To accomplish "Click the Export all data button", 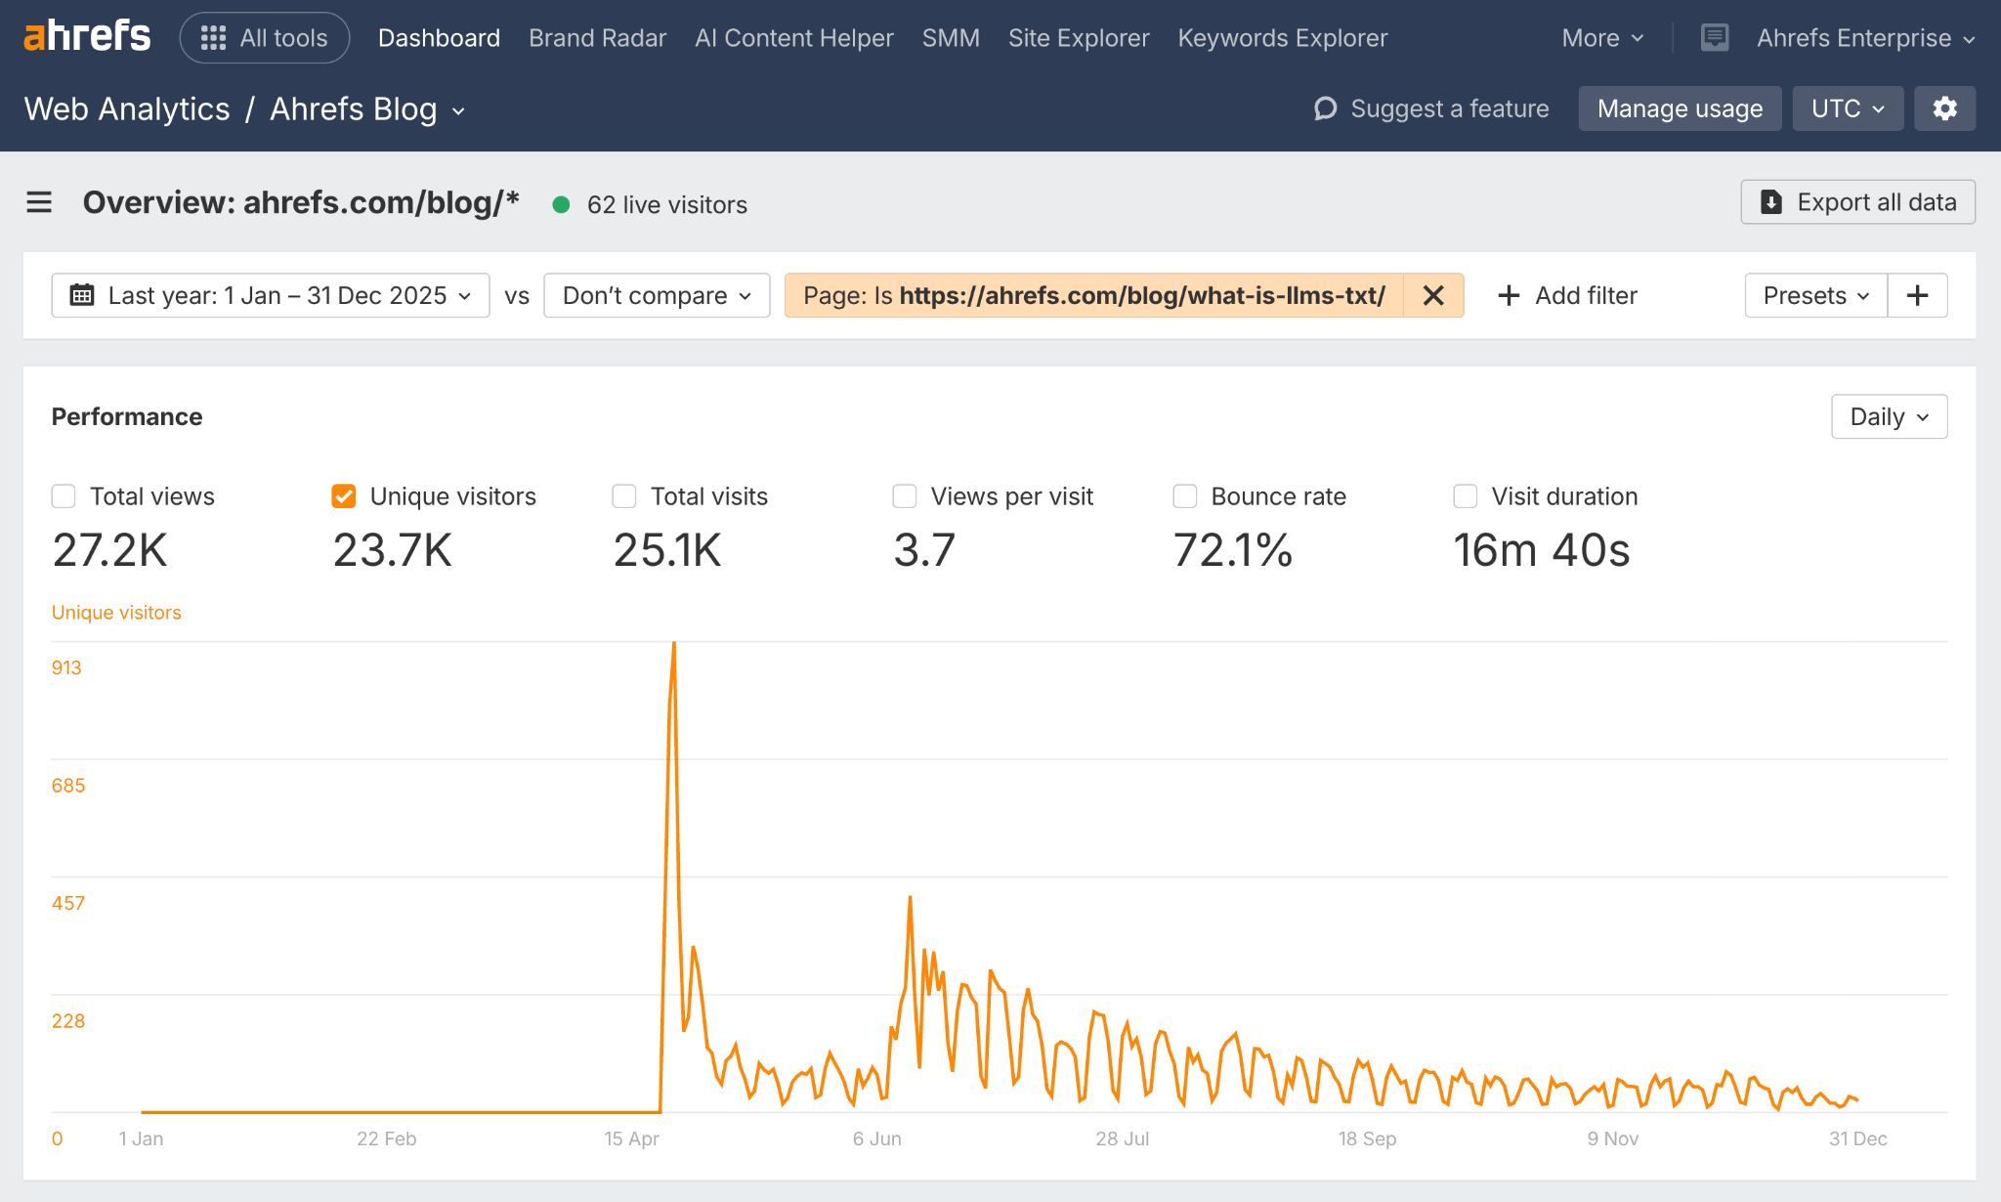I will tap(1857, 202).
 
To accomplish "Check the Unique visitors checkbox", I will tap(344, 496).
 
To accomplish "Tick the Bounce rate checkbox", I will tap(1185, 496).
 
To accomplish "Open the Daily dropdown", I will tap(1889, 417).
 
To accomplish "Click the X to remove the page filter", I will tap(1433, 295).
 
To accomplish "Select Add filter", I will tap(1567, 295).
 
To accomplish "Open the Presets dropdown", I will tap(1815, 295).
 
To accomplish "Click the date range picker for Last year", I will tap(271, 295).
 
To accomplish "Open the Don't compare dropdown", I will tap(657, 295).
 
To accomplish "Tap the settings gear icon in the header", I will tap(1944, 108).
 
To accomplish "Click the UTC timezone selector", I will tap(1847, 108).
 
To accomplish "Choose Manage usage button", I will tap(1680, 108).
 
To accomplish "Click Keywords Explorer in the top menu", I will tap(1282, 38).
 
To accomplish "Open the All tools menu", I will tap(265, 38).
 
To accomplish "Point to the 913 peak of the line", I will tap(674, 644).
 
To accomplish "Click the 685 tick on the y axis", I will tap(68, 786).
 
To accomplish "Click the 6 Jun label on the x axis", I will tap(876, 1138).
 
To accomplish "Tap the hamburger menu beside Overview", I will tap(39, 202).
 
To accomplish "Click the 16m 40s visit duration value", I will tap(1541, 550).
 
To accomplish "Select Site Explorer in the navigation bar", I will tap(1078, 38).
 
